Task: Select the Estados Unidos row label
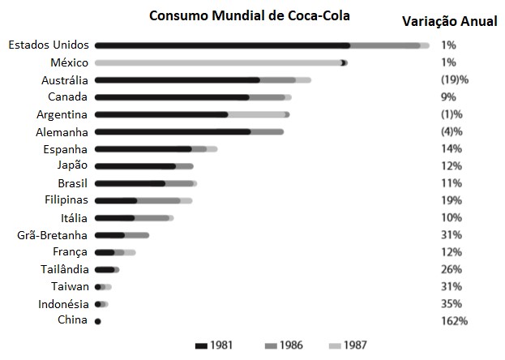click(x=48, y=45)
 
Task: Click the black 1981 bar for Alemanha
click(x=173, y=131)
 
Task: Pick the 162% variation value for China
click(x=454, y=321)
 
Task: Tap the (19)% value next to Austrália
click(x=455, y=79)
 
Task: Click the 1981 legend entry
click(x=216, y=345)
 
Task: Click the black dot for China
click(x=97, y=322)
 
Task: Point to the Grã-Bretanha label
click(x=53, y=235)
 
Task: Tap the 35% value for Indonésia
click(x=452, y=304)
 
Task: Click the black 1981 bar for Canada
click(x=172, y=97)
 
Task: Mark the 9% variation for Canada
click(x=448, y=96)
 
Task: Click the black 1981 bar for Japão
click(x=135, y=166)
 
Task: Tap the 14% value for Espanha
click(x=452, y=148)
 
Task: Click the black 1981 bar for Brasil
click(x=130, y=183)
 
